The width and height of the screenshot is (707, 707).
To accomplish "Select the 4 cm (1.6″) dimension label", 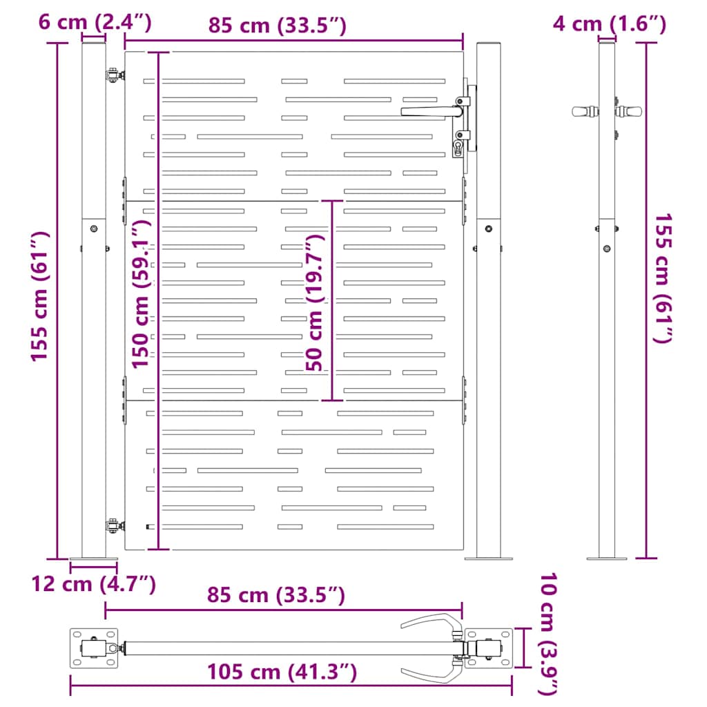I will [609, 24].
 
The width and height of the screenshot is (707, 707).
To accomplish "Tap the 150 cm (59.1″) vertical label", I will [142, 295].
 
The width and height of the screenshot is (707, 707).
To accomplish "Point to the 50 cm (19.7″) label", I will [316, 302].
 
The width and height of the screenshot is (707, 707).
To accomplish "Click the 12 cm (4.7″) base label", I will [93, 584].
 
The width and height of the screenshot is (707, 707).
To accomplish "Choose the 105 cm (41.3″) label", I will [282, 671].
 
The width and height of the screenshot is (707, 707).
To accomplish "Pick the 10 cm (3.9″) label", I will [549, 634].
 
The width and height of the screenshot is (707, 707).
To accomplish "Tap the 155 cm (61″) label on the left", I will [39, 296].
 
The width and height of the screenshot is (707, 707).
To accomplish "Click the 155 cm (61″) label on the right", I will [663, 278].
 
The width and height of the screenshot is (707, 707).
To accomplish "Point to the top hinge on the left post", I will [111, 75].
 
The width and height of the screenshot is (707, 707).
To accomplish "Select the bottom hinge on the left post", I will [111, 527].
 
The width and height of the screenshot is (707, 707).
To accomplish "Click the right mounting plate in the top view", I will [489, 648].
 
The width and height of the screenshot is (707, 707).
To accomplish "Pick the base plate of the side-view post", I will [606, 557].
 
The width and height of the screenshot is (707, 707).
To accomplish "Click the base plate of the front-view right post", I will [489, 556].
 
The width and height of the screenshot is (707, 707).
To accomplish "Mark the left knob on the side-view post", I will [583, 110].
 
